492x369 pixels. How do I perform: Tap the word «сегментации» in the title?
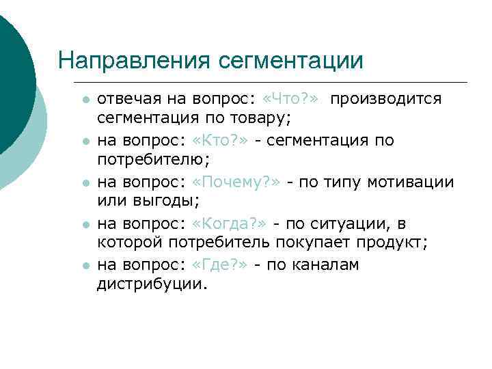pyautogui.click(x=291, y=60)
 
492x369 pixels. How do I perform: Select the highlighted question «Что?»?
pyautogui.click(x=290, y=99)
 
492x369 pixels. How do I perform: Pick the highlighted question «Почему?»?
pyautogui.click(x=237, y=182)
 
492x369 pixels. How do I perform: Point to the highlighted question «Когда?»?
pyautogui.click(x=231, y=223)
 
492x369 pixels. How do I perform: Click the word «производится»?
pyautogui.click(x=387, y=99)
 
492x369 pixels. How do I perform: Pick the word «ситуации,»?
pyautogui.click(x=353, y=223)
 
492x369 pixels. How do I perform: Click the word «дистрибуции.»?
pyautogui.click(x=151, y=284)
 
